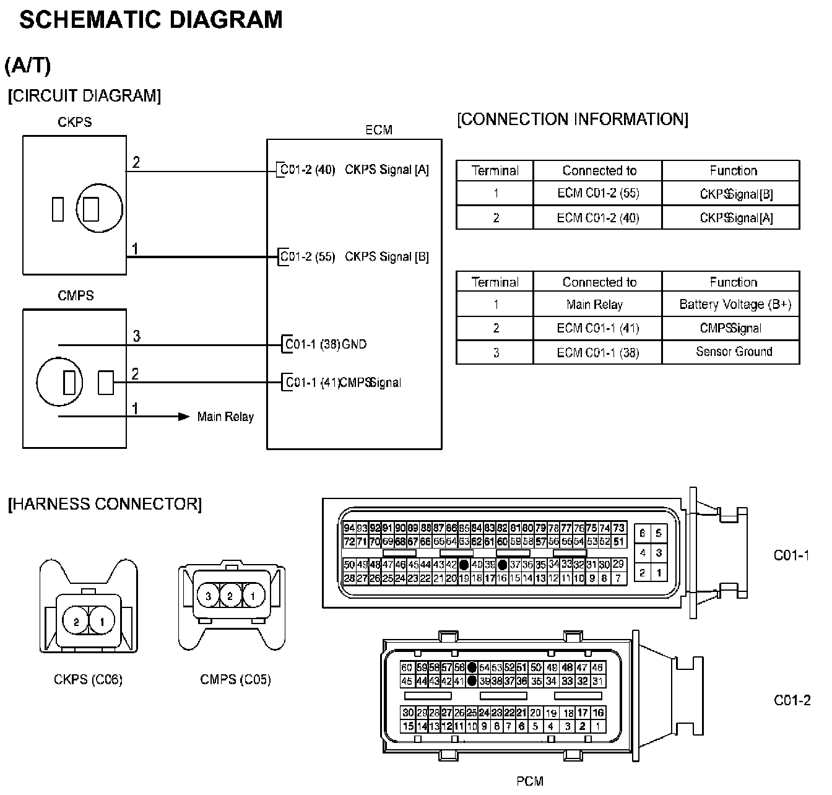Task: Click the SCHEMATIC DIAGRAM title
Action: pyautogui.click(x=151, y=20)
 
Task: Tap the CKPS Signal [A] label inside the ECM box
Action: pyautogui.click(x=386, y=170)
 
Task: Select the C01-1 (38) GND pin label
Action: pyautogui.click(x=326, y=344)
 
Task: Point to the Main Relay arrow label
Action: pyautogui.click(x=225, y=417)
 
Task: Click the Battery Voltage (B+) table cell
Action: pyautogui.click(x=735, y=305)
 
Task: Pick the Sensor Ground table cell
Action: pyautogui.click(x=734, y=352)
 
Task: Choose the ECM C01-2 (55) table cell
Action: pyautogui.click(x=598, y=193)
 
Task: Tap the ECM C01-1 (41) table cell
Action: pyautogui.click(x=598, y=328)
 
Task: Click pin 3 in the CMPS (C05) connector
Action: pyautogui.click(x=209, y=596)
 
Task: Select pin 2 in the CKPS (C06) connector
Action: pyautogui.click(x=77, y=621)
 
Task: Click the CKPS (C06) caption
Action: pyautogui.click(x=88, y=680)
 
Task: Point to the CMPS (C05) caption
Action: pyautogui.click(x=235, y=680)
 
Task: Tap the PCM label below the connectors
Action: pyautogui.click(x=529, y=781)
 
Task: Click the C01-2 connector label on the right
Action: pyautogui.click(x=792, y=700)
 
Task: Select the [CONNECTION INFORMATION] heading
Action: pyautogui.click(x=572, y=119)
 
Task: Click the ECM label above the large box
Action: pyautogui.click(x=379, y=130)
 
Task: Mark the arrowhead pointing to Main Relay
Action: pyautogui.click(x=184, y=417)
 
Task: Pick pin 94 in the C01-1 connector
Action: pyautogui.click(x=349, y=528)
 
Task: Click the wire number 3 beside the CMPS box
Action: pyautogui.click(x=137, y=336)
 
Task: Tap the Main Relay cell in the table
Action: pyautogui.click(x=594, y=305)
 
